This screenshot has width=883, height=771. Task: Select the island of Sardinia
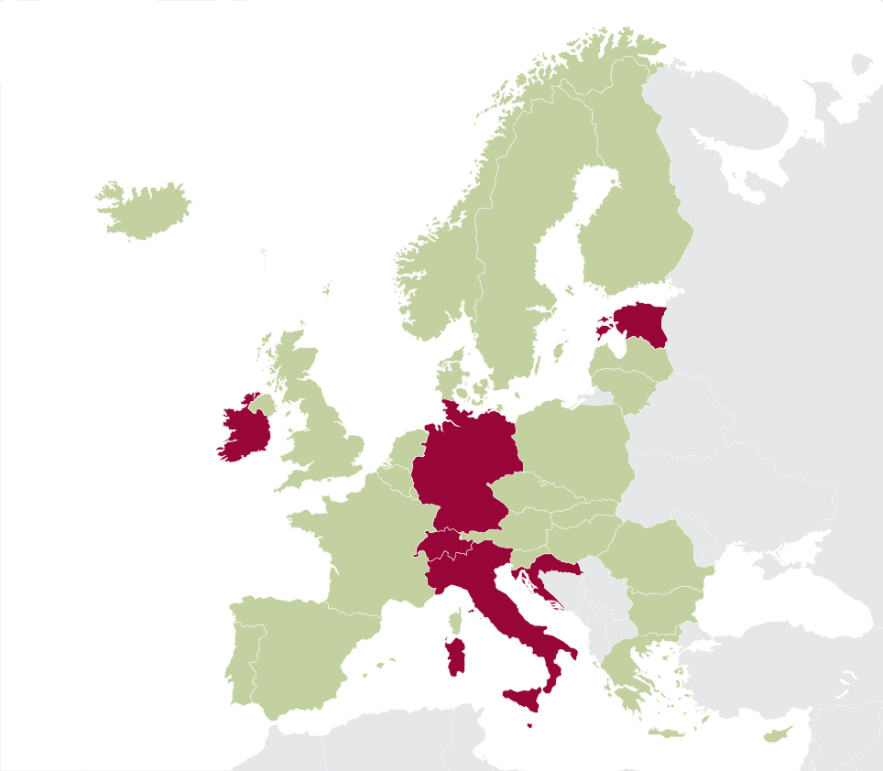click(455, 657)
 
